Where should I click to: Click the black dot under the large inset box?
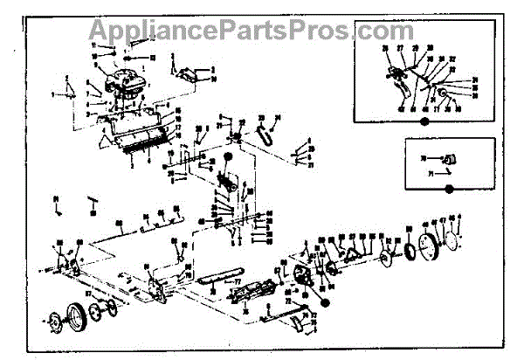click(424, 122)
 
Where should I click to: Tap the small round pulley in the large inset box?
click(444, 93)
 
